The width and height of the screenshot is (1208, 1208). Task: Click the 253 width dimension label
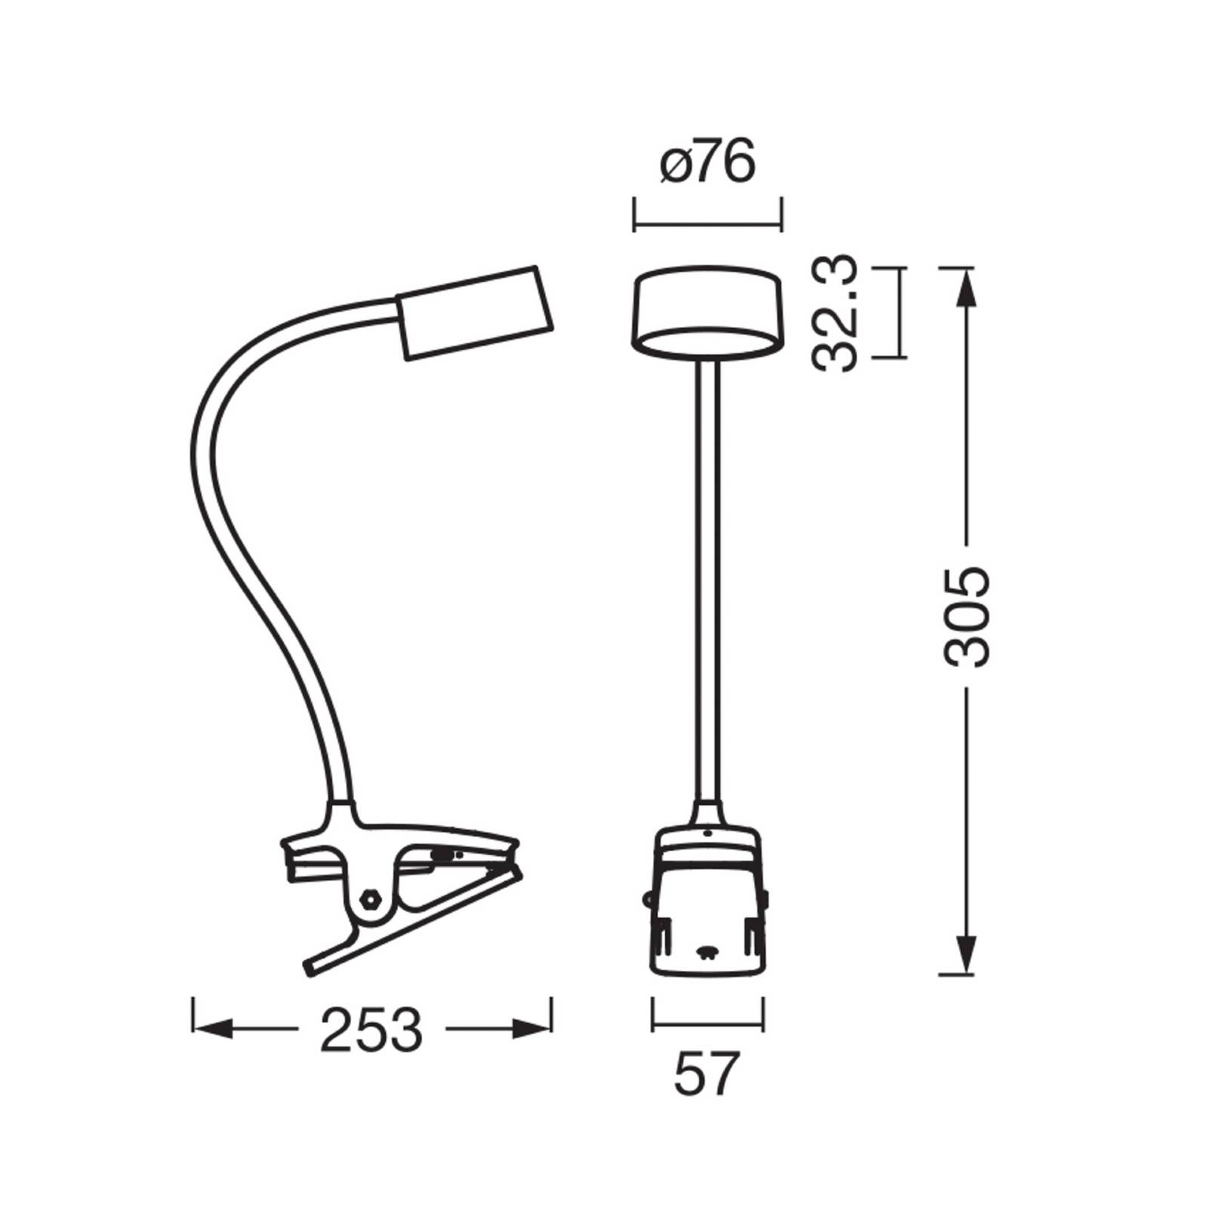pos(371,1030)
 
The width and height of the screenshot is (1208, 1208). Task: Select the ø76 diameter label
pos(707,162)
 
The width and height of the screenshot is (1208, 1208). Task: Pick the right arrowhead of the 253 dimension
pos(532,1028)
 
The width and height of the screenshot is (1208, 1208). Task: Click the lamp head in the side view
pos(476,312)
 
